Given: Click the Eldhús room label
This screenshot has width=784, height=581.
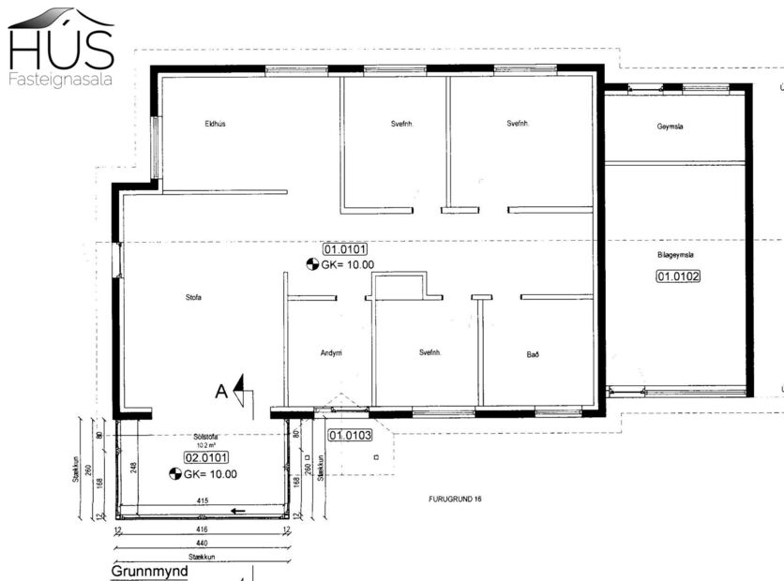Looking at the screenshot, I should click(x=215, y=124).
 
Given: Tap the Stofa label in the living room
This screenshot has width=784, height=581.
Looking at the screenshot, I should click(x=194, y=298).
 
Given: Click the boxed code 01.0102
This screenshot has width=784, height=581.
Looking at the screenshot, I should click(x=677, y=276).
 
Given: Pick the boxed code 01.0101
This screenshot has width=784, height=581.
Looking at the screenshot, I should click(x=344, y=249).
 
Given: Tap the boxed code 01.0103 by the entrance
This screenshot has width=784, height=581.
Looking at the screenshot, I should click(x=350, y=435).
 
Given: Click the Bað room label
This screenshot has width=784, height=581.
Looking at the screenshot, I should click(x=533, y=354).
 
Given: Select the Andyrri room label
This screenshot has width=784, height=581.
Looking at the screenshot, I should click(x=331, y=353).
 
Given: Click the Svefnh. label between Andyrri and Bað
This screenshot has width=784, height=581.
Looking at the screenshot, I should click(x=430, y=353).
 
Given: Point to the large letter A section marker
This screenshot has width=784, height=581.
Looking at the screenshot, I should click(x=221, y=393).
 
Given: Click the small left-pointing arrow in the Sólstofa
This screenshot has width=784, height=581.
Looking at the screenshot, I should click(x=240, y=512).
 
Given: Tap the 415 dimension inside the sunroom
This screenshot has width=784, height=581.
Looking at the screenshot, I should click(x=202, y=502).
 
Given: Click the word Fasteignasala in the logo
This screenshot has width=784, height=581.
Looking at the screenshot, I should click(x=60, y=80).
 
